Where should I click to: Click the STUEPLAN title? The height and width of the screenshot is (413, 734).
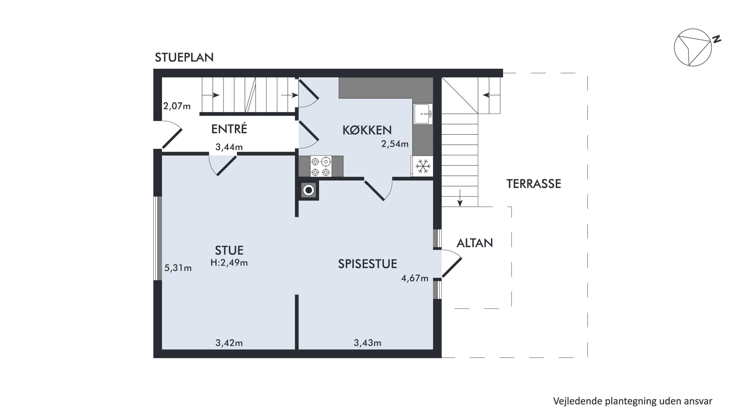(184, 58)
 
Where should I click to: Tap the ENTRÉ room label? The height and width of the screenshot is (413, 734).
(229, 129)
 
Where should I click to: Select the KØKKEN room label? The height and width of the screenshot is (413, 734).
(367, 130)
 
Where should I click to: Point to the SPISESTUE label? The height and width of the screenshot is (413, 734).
(367, 264)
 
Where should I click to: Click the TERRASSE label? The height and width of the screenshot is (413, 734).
(534, 184)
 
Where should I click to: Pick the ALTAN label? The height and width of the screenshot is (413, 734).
(475, 243)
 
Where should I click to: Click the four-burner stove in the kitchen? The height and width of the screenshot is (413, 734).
(321, 166)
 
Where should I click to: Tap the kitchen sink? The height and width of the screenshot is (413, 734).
(423, 114)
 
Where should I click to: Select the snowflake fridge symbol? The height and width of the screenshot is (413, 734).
(423, 166)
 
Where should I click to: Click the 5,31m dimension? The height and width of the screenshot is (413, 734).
(178, 268)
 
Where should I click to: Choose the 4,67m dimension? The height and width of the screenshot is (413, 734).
(414, 278)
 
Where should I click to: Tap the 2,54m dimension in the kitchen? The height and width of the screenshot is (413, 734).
(395, 144)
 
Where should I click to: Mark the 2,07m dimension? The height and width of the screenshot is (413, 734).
(177, 106)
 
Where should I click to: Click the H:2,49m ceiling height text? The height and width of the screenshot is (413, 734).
(229, 262)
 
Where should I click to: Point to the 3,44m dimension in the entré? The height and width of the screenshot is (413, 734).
(229, 147)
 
